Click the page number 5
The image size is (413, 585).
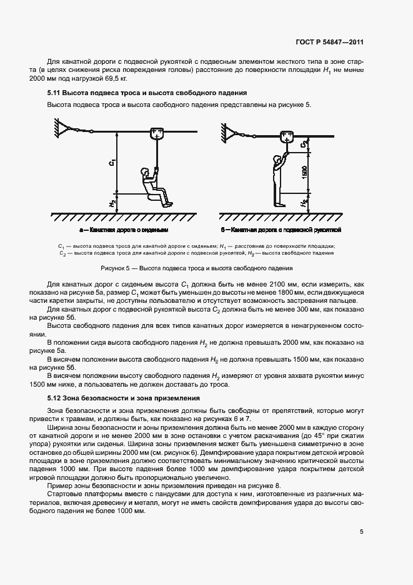pos(362,532)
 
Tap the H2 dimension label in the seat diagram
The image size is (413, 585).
pos(111,203)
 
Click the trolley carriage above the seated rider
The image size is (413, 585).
pos(157,133)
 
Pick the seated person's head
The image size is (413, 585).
pos(146,171)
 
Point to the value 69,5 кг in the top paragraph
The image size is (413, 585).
pos(115,79)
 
